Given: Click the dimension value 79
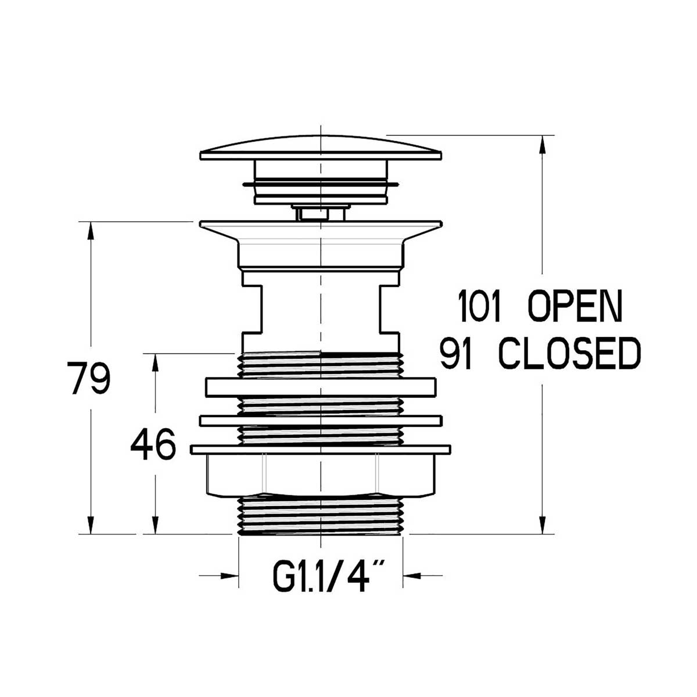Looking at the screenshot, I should coord(88,378).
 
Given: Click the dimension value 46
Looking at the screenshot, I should coord(153,445).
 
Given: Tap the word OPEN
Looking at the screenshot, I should coord(574,307).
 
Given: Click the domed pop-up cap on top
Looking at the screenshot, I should coord(320,148).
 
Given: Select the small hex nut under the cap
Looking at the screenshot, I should coord(320,214).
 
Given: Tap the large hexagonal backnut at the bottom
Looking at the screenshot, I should coord(320,473).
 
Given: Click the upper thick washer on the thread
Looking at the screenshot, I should coord(320,387).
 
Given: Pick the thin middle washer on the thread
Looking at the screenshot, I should coord(320,420).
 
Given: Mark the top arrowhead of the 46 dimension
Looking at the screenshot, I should coord(155,362).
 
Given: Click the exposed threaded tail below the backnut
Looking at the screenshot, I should coord(320,514).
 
